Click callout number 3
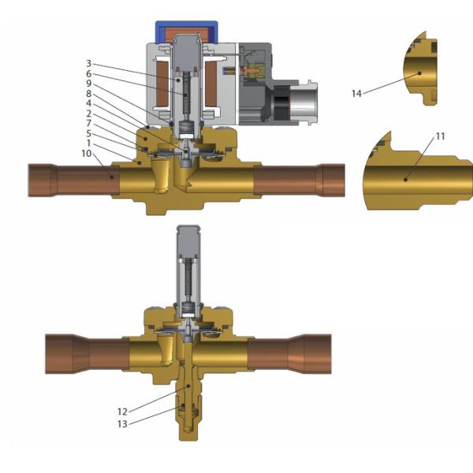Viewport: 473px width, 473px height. pyautogui.click(x=88, y=63)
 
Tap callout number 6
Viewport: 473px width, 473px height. pyautogui.click(x=88, y=73)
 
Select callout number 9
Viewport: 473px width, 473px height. pyautogui.click(x=88, y=84)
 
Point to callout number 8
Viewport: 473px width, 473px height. pyautogui.click(x=88, y=93)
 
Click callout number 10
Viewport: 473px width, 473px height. pyautogui.click(x=87, y=153)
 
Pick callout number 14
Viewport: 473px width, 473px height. pyautogui.click(x=356, y=94)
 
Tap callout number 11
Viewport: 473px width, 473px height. pyautogui.click(x=441, y=136)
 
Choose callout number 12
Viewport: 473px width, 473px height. pyautogui.click(x=122, y=412)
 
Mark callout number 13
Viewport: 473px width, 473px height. pyautogui.click(x=122, y=424)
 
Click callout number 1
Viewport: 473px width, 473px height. pyautogui.click(x=88, y=143)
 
